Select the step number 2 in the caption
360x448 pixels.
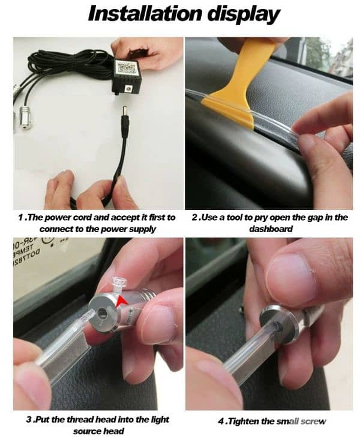pyautogui.click(x=194, y=217)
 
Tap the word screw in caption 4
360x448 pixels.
pyautogui.click(x=313, y=421)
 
